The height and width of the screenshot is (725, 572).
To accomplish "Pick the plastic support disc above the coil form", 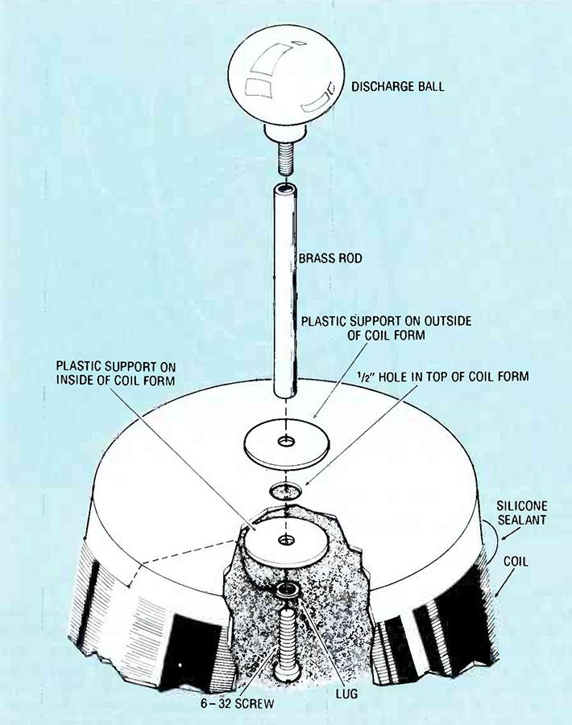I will pos(287,443).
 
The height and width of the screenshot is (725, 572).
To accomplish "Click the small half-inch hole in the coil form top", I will pos(287,490).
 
